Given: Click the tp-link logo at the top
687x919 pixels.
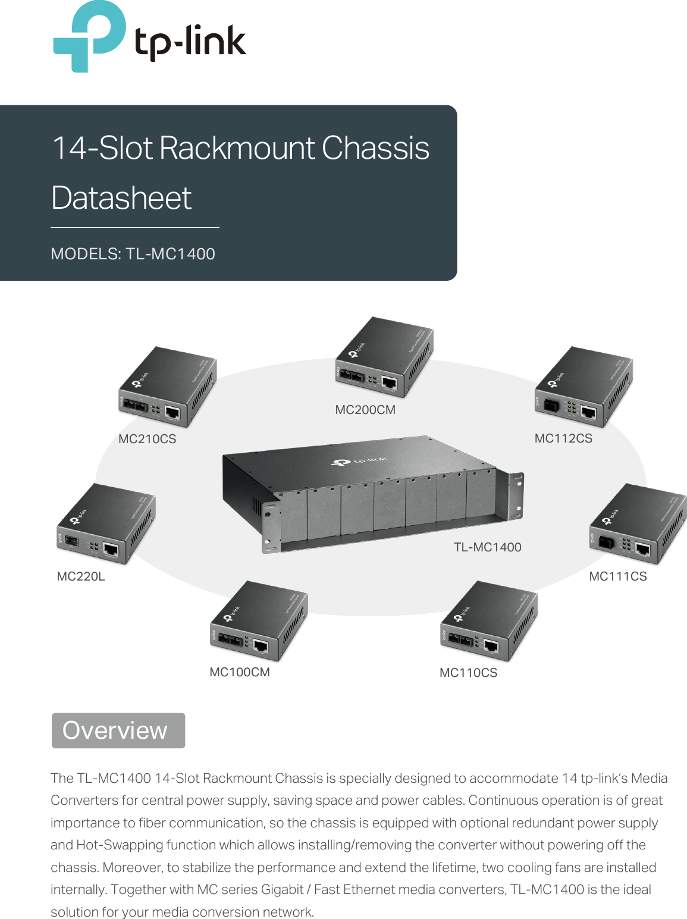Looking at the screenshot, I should pos(149,37).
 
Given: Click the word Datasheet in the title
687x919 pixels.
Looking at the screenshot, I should pos(121,198).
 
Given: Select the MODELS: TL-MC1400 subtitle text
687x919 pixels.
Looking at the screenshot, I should pos(133,254).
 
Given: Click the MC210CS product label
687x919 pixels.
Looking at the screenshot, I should pos(147,439).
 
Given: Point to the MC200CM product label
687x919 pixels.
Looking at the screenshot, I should pos(365,410).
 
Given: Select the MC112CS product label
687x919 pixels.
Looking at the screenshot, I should pos(563,438).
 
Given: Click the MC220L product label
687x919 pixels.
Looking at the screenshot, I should pos(81,576).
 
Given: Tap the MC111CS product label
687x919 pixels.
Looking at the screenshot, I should pos(617,576).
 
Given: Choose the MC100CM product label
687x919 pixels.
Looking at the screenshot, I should pos(240,672).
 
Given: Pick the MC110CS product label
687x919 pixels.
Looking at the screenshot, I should pos(468,673).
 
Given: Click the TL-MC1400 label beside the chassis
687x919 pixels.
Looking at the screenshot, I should pos(487,547).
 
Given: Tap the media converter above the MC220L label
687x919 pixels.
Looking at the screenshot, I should pos(106,523).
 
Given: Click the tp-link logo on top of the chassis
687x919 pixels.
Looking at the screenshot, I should pos(359,461).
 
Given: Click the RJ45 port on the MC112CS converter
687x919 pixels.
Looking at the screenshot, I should pos(588,413).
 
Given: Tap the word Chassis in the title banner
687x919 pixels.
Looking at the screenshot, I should pos(375,148).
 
